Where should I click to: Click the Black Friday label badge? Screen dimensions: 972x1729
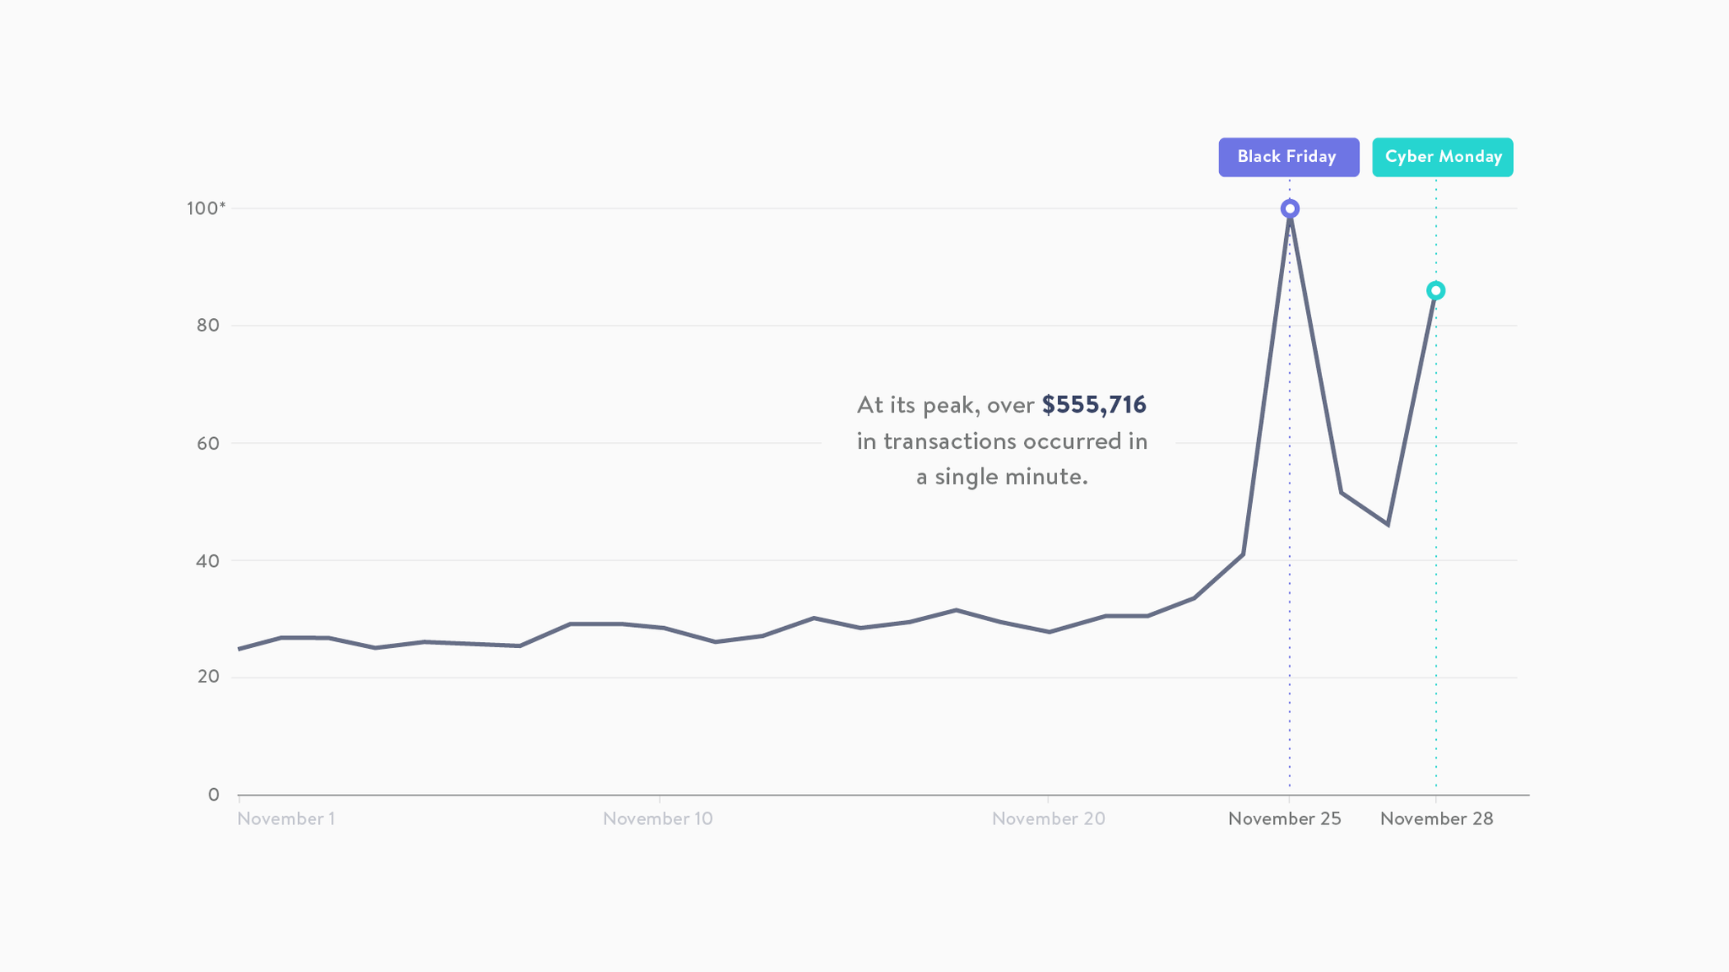tap(1288, 157)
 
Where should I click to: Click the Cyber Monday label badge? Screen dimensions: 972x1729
tap(1442, 157)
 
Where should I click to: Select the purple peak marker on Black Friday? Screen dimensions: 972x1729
tap(1289, 208)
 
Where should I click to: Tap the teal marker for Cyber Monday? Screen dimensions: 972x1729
tap(1435, 291)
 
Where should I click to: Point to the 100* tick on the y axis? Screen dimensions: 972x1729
tap(205, 208)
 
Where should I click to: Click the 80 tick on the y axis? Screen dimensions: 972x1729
tap(208, 326)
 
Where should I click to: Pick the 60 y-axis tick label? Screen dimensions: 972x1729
tap(208, 443)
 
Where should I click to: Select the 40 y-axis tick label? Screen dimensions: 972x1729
tap(208, 560)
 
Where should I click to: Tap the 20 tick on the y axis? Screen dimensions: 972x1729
tap(208, 677)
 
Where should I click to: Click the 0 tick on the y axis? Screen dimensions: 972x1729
tap(214, 795)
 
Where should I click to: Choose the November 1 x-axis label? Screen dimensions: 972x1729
tap(286, 818)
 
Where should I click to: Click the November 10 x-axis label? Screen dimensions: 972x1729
tap(658, 818)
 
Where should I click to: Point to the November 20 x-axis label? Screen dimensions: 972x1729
tap(1048, 818)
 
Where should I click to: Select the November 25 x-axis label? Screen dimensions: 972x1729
tap(1284, 818)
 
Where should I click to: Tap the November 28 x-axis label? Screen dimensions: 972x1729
tap(1436, 818)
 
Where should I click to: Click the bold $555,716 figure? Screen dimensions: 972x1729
tap(1094, 405)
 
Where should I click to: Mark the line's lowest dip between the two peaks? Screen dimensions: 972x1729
tap(1387, 525)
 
